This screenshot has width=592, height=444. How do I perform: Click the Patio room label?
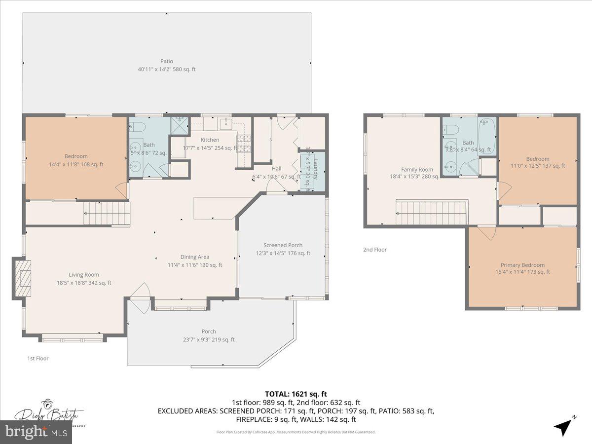click(166, 61)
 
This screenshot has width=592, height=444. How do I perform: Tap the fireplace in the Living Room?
click(22, 278)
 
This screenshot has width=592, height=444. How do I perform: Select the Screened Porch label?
click(283, 245)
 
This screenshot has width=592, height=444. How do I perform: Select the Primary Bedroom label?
click(522, 265)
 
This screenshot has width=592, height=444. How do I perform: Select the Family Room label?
click(417, 169)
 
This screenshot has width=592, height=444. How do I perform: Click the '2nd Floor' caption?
click(375, 250)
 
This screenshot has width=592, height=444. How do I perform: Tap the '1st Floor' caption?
click(38, 358)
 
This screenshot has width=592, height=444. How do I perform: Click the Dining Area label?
click(194, 257)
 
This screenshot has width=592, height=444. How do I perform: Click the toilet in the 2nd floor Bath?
click(451, 129)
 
